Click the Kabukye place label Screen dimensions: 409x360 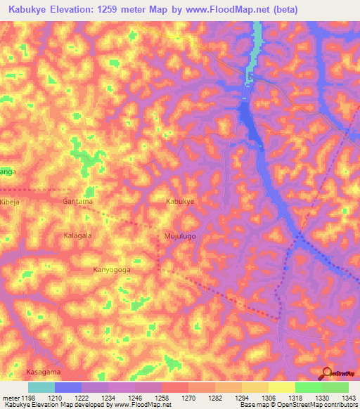[x=179, y=201]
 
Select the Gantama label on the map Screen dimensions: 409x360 [x=77, y=201]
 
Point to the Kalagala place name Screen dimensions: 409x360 [x=78, y=235]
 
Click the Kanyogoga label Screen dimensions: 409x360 [x=112, y=269]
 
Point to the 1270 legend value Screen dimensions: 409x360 [x=188, y=398]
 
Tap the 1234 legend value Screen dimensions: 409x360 [x=108, y=398]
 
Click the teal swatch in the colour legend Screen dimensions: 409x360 [x=41, y=387]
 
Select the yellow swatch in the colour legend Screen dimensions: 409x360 [x=281, y=387]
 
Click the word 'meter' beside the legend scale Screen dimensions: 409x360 [x=10, y=398]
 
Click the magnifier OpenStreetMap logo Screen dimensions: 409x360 [x=327, y=373]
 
